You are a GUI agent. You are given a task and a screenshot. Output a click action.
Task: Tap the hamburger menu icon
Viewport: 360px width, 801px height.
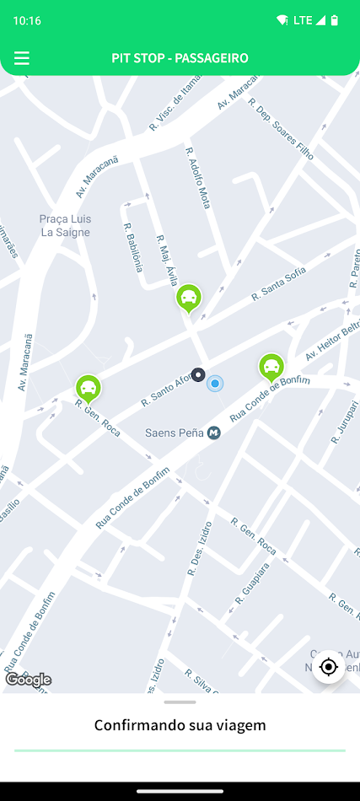click(x=22, y=58)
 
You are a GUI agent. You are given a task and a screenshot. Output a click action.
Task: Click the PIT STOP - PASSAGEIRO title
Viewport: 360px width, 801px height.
click(x=180, y=58)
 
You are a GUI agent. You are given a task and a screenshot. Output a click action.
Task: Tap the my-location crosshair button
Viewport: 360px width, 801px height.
click(x=329, y=668)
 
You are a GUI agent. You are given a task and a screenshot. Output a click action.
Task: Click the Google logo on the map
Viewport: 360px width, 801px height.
click(x=29, y=680)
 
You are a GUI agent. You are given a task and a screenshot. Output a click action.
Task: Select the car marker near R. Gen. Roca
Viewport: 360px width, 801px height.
click(x=88, y=388)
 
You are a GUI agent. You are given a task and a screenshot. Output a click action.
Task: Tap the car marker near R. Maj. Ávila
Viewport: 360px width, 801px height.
click(x=190, y=298)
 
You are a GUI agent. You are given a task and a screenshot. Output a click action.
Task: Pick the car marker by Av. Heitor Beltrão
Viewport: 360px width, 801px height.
click(x=271, y=367)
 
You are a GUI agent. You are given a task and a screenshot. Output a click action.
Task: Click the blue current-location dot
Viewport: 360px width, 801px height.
click(x=216, y=384)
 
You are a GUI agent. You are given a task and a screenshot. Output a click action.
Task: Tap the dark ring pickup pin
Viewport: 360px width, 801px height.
click(x=198, y=375)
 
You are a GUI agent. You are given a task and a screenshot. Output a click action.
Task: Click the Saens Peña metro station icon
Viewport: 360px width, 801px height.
click(x=214, y=433)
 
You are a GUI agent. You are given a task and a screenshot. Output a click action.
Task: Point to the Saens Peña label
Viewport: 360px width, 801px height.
click(x=175, y=433)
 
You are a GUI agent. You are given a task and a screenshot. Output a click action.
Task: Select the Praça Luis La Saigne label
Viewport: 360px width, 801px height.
click(x=66, y=226)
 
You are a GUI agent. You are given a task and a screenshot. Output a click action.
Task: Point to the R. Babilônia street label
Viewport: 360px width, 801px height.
click(x=132, y=247)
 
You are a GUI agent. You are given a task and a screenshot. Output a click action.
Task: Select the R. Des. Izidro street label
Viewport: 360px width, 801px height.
click(x=197, y=548)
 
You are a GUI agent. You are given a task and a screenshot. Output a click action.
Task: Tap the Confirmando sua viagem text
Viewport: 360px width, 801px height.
click(x=180, y=725)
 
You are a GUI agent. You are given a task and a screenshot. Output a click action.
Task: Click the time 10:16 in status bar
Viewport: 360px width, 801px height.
click(x=27, y=20)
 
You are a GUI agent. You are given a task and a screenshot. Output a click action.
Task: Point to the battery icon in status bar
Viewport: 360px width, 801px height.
click(x=335, y=20)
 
